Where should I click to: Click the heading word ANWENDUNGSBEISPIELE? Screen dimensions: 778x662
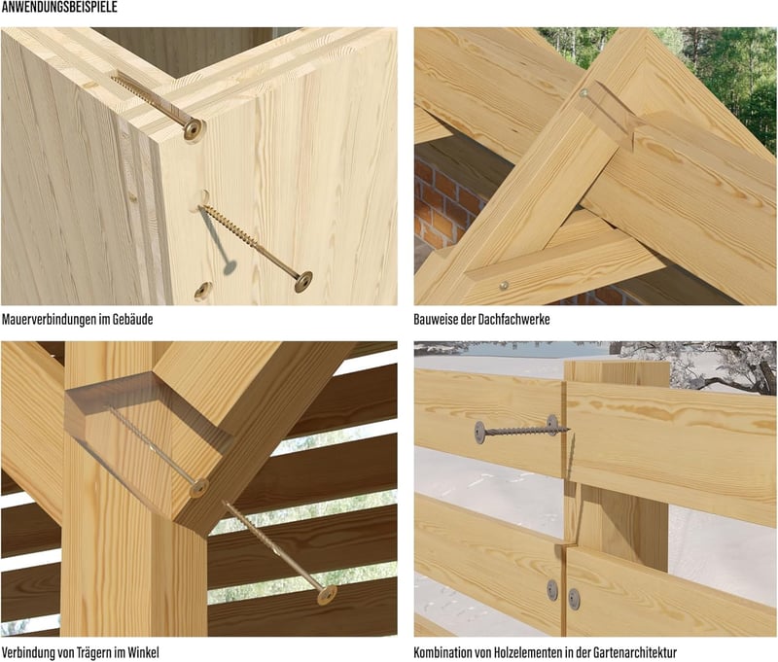tap(59, 7)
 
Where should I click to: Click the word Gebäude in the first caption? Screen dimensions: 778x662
tap(132, 320)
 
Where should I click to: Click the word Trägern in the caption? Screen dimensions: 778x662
tap(94, 652)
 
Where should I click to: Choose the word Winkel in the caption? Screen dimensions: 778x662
tap(143, 652)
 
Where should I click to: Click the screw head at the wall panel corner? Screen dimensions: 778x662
tap(194, 129)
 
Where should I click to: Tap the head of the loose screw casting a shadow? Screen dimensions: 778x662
tap(303, 281)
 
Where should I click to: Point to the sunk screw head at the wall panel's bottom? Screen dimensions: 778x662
tap(203, 289)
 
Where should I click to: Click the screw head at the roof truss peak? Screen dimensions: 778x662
tap(583, 92)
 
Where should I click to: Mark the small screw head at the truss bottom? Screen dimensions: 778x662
tap(504, 286)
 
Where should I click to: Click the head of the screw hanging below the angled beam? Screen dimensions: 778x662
tap(327, 595)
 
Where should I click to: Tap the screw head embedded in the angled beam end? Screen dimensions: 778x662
tap(198, 488)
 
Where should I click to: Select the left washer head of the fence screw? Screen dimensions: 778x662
tap(479, 432)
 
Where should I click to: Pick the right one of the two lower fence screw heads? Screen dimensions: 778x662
tap(574, 599)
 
